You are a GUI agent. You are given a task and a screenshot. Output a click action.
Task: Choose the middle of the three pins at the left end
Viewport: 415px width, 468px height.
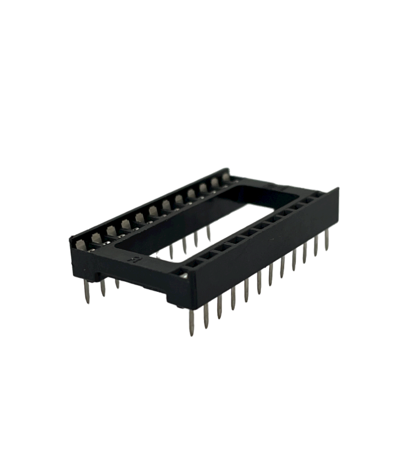click(x=103, y=288)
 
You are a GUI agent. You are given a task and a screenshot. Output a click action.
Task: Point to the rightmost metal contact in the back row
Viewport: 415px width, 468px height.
click(x=226, y=179)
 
